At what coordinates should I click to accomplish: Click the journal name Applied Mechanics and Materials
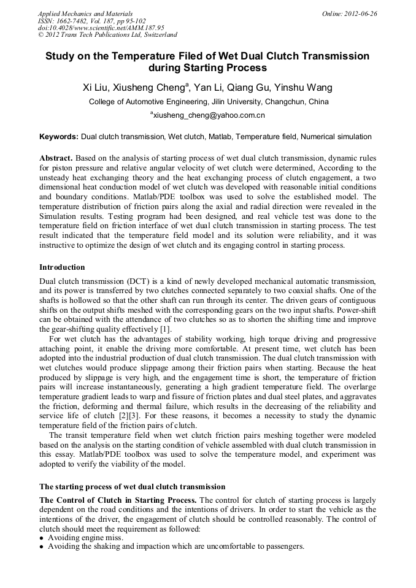click(85, 13)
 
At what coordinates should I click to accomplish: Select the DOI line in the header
click(101, 28)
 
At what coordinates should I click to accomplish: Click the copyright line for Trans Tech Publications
click(107, 35)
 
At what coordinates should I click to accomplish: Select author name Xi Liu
click(96, 88)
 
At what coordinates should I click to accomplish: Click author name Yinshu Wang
click(304, 88)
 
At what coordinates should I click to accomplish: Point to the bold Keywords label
click(59, 137)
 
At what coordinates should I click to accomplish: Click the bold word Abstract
click(56, 158)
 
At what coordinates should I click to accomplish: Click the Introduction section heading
click(62, 267)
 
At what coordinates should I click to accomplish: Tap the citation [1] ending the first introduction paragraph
click(166, 329)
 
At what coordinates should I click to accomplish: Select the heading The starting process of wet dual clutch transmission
click(132, 486)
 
